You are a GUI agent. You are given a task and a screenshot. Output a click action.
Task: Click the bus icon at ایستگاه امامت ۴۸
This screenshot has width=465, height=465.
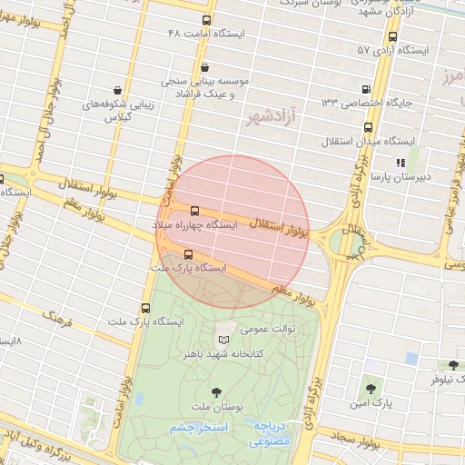coord(208,20)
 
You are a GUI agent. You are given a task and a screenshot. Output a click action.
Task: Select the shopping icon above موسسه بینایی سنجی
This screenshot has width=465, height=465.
coord(204,66)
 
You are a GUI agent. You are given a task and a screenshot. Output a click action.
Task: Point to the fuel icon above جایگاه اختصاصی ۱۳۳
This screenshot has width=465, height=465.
coord(366,90)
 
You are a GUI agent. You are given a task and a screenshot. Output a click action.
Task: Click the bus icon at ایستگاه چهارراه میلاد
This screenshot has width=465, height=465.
coord(194,210)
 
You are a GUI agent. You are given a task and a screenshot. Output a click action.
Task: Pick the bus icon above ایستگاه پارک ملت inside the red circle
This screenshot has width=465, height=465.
coord(188,255)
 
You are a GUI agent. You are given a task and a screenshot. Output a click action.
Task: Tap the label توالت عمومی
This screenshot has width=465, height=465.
coord(263,331)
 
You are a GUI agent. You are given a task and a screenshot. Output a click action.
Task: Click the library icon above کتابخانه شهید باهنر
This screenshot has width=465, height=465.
coord(223,340)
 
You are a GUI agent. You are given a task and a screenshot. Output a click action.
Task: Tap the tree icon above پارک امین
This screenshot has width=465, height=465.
coord(370,387)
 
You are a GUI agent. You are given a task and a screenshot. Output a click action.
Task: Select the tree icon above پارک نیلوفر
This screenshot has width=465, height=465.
coord(451,363)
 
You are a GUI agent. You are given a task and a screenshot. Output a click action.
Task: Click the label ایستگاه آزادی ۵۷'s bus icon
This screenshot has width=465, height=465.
coord(392,37)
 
